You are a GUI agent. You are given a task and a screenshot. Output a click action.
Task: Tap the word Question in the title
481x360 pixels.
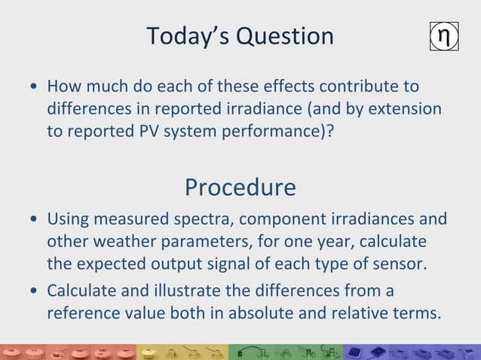point(284,36)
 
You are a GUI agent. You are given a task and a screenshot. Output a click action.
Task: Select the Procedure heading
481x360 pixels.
point(240,187)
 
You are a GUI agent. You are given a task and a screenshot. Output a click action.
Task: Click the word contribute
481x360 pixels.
point(359,87)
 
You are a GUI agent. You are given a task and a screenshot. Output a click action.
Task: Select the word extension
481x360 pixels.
point(403,108)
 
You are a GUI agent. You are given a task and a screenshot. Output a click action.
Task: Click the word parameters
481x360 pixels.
point(212,243)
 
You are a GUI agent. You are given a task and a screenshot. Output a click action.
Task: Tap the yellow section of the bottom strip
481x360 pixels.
point(181,352)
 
